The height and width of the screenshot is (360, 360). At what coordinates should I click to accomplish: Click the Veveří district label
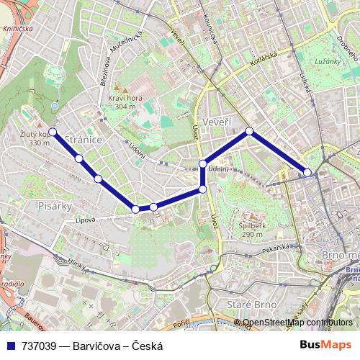(217, 122)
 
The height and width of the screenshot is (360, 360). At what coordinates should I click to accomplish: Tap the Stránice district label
(84, 138)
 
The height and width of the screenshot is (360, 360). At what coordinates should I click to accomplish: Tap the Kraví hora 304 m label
(122, 102)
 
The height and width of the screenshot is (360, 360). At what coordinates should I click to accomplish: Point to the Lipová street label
(86, 220)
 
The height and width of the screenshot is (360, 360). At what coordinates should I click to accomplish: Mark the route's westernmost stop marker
(53, 132)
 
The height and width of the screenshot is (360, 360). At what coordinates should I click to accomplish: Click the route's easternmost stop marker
(307, 172)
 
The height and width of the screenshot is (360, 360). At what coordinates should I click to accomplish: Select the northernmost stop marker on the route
(249, 131)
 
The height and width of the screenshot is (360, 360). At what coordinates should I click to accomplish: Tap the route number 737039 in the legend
(40, 346)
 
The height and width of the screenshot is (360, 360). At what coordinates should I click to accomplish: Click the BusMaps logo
(325, 345)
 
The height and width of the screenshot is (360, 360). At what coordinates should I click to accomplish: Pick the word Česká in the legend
(148, 346)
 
